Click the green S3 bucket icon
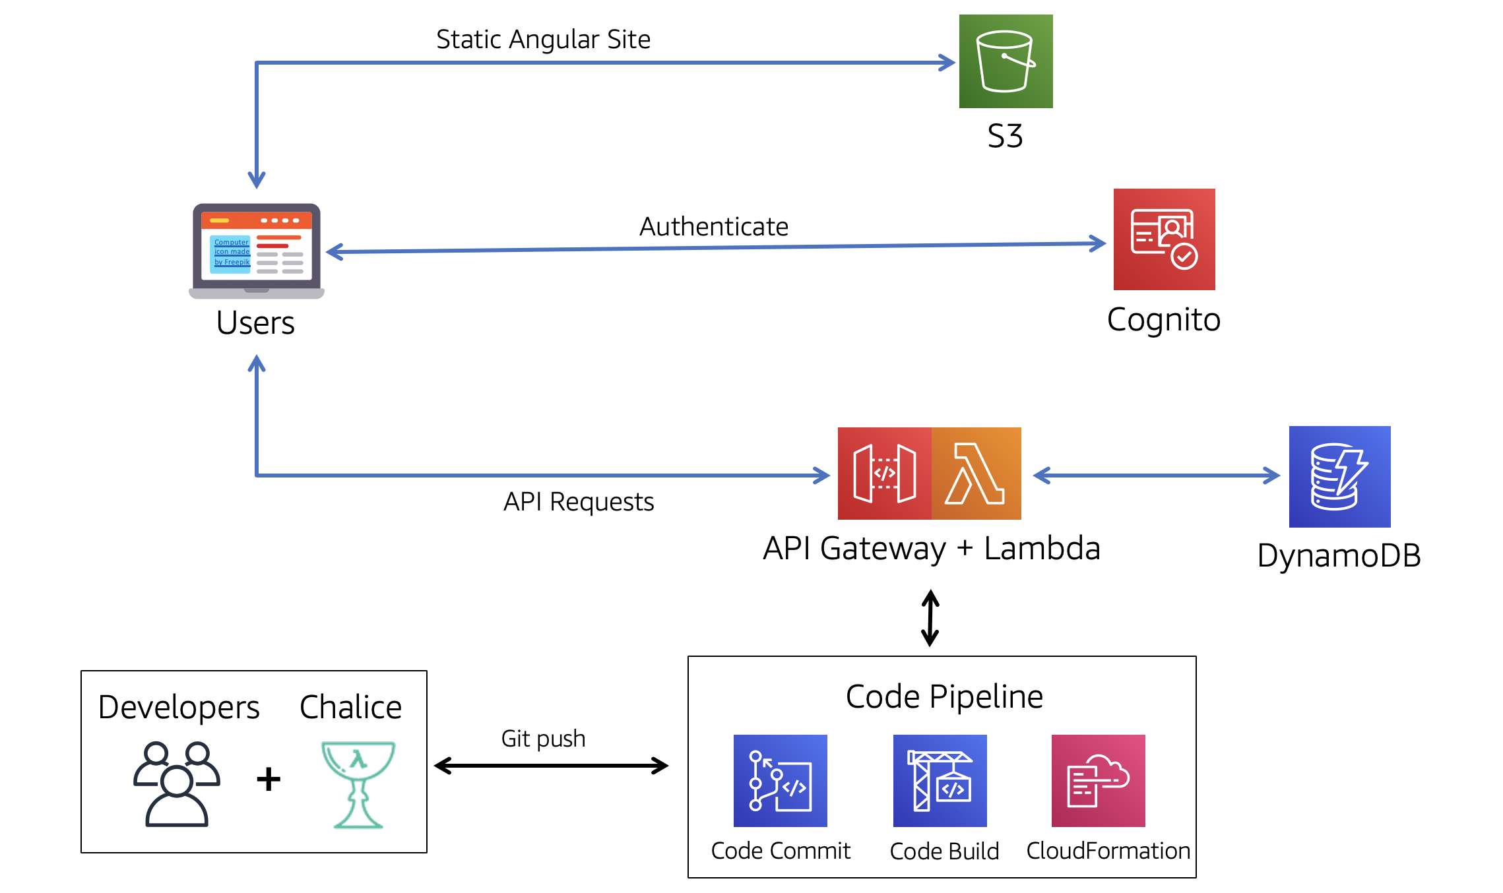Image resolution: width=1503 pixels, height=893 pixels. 1006,61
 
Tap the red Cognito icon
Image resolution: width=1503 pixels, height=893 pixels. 1164,239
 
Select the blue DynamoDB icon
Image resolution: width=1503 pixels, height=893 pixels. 1339,476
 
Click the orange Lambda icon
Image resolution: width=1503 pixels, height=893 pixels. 976,474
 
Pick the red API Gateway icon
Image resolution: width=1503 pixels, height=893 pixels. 884,474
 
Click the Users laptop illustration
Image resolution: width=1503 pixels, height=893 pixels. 257,251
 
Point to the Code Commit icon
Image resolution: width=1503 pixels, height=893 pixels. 780,781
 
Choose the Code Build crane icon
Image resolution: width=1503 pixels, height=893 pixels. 940,781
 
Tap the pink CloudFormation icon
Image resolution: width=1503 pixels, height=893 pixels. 1098,781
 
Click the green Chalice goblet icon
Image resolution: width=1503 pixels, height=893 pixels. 358,784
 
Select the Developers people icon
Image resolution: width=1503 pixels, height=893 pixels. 177,784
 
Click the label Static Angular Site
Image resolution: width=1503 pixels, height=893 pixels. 543,40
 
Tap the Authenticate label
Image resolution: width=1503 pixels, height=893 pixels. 714,227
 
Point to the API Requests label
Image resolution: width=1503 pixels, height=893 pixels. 579,502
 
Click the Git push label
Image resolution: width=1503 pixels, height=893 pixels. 543,739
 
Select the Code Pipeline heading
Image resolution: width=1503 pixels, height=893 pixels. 944,696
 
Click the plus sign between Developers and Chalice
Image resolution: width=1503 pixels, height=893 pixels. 269,779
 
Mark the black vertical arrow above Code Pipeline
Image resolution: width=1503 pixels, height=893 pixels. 930,619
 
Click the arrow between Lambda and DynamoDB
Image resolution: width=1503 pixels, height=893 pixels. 1156,476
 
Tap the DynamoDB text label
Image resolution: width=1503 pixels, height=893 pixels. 1339,555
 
